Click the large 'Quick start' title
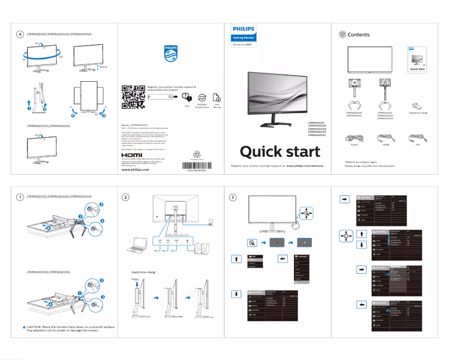point(280,152)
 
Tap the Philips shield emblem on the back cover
point(170,53)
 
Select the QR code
point(130,97)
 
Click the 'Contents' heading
point(358,35)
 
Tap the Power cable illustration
point(354,137)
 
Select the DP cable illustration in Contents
point(416,137)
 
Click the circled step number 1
point(20,197)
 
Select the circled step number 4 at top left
point(20,35)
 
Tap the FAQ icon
point(187,98)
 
